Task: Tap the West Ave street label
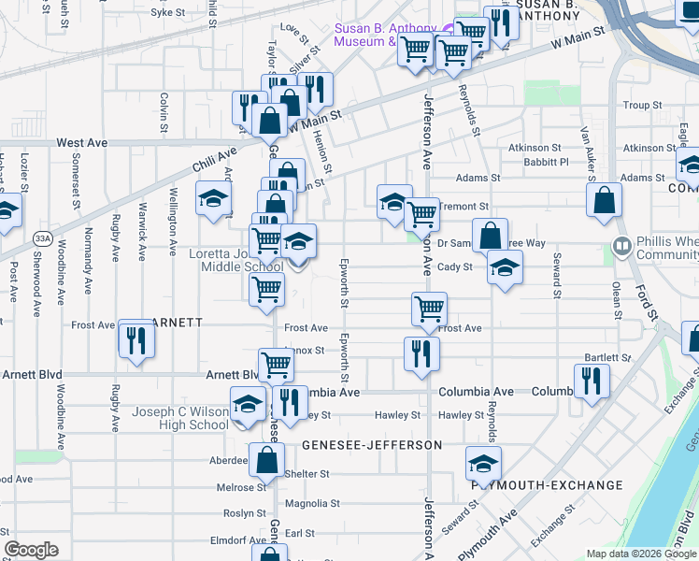coord(82,143)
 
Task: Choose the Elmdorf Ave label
coord(239,540)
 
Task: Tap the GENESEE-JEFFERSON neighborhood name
coord(371,445)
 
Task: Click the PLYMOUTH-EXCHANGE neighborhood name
coord(547,485)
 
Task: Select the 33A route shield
coord(42,238)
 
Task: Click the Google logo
coord(32,550)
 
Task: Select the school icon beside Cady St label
coord(505,269)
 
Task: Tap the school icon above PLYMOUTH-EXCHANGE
coord(483,464)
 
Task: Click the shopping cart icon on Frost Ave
coord(429,308)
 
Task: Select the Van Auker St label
coord(588,149)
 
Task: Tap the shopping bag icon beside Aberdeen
coord(266,460)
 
